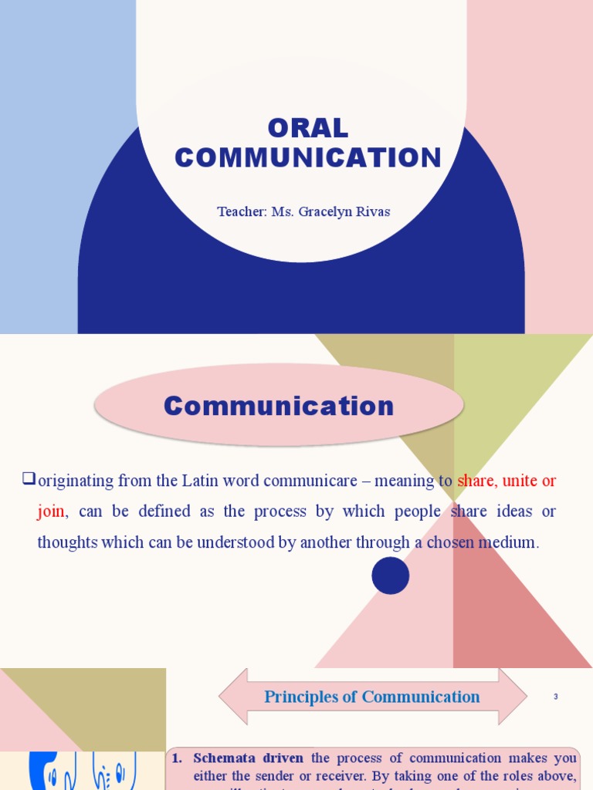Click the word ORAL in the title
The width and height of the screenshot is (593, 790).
[x=308, y=128]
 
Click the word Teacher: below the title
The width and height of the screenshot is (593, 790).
[x=242, y=211]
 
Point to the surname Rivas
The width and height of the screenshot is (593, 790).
[x=374, y=211]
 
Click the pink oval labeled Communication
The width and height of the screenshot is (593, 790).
[x=279, y=406]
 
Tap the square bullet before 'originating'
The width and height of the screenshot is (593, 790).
[x=29, y=480]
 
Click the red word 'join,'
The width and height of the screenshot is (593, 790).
[x=52, y=511]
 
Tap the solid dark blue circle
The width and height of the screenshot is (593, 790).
[x=391, y=576]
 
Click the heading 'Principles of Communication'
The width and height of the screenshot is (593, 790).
[x=372, y=697]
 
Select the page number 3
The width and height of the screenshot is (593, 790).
[x=555, y=697]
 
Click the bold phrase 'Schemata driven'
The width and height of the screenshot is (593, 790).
[x=248, y=758]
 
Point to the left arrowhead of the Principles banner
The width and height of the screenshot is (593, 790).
[x=230, y=697]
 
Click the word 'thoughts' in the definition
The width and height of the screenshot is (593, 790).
[x=68, y=542]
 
